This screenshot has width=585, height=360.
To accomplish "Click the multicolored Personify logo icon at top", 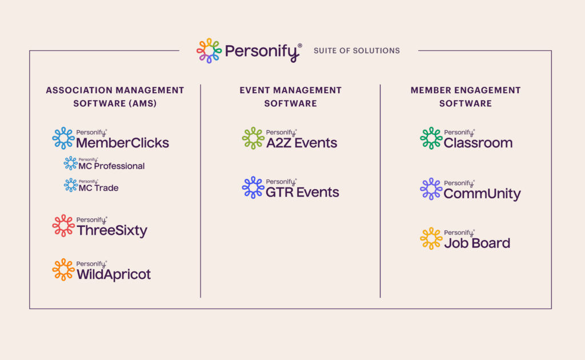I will point(209,50).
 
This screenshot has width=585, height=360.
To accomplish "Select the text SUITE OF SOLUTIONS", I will point(356,51).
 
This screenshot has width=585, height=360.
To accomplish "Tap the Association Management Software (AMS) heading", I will point(115,97).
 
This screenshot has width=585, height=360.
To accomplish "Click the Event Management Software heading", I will point(290,97).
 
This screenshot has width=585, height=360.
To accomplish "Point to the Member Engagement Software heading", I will point(466,97).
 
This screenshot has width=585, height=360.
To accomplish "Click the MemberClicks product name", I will point(122,143).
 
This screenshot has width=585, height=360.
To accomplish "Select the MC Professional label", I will point(111,166).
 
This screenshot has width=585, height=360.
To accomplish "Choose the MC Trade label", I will point(98,188).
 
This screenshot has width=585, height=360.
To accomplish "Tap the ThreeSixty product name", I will point(112,231).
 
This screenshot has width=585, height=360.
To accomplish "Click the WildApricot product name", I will point(114,275).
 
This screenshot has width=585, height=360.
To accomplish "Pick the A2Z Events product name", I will point(302,143).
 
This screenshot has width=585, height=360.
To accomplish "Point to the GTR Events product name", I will point(302,193).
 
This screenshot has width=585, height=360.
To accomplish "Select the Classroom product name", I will point(478,143).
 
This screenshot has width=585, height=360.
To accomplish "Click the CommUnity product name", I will point(482,194).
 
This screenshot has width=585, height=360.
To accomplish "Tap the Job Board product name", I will point(477,243).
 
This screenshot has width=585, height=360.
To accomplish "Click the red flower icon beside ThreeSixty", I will point(63,226).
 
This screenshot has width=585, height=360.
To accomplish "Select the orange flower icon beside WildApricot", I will point(63,270).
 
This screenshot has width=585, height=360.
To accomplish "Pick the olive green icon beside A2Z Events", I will point(253,138).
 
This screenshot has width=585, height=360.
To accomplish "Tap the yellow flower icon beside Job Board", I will point(431,238).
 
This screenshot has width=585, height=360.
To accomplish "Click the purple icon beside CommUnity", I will point(431,189).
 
